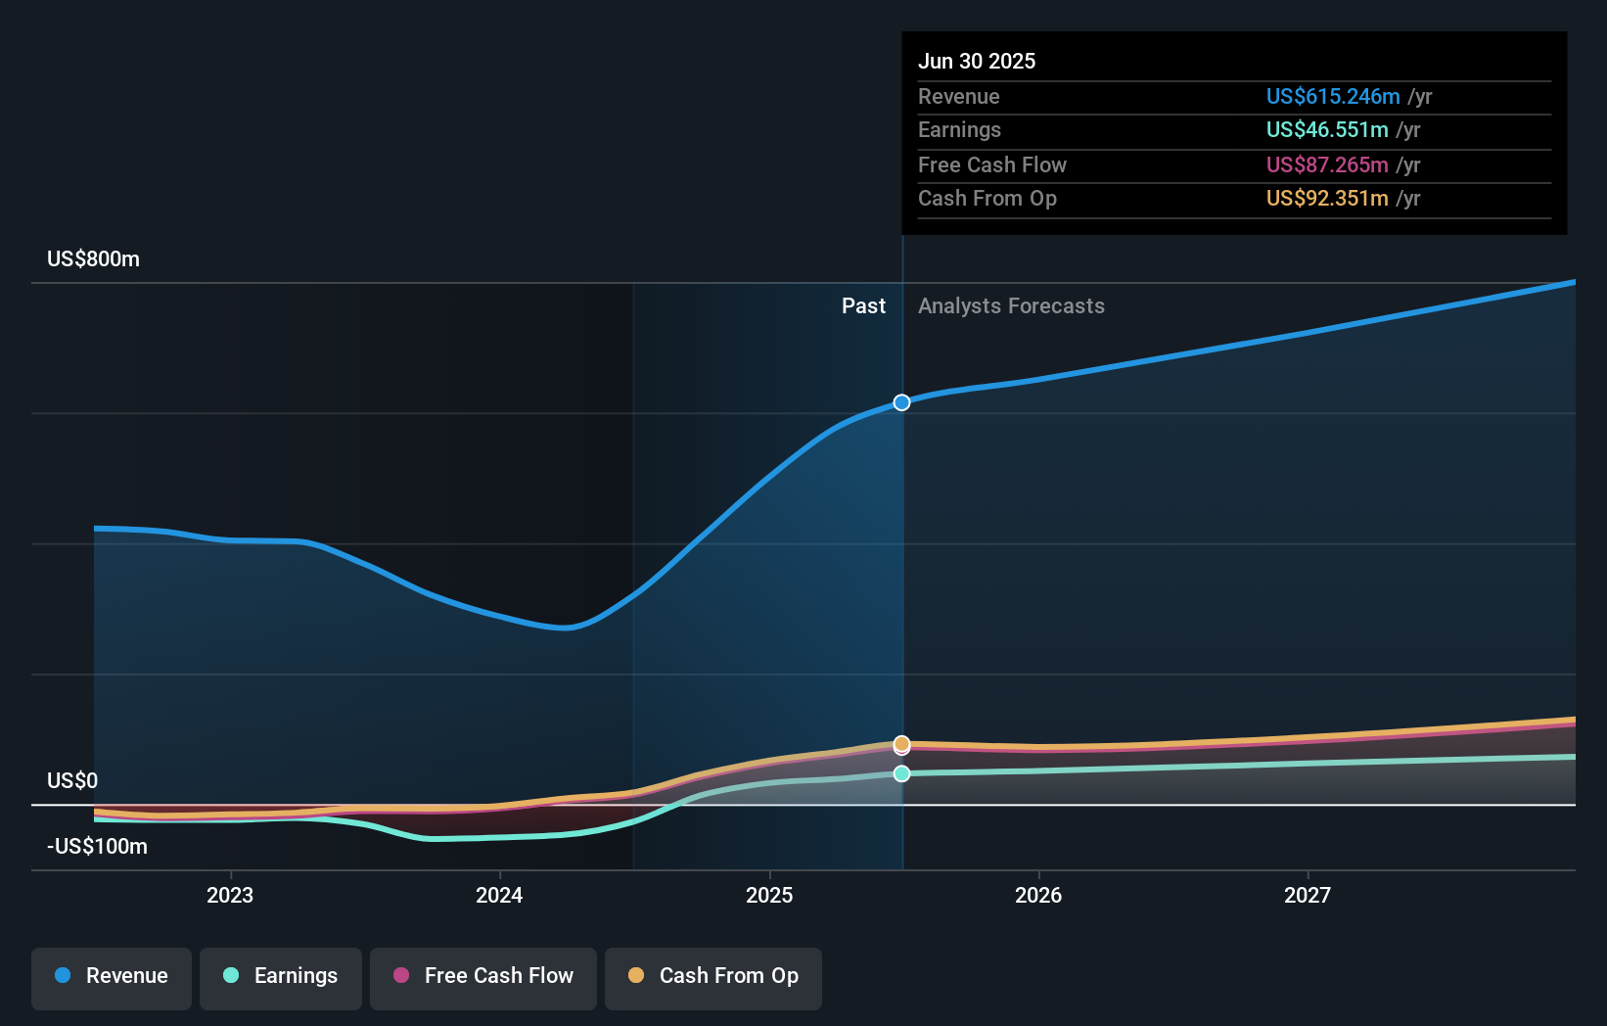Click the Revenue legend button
click(x=112, y=976)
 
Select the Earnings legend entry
click(x=281, y=976)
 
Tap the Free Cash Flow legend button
click(x=483, y=976)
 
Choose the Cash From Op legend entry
click(x=713, y=976)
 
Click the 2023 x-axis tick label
click(x=230, y=895)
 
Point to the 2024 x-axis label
click(x=499, y=895)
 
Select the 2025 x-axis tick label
click(x=769, y=895)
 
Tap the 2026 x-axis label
click(x=1038, y=895)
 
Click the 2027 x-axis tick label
click(x=1308, y=895)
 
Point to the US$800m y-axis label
click(x=94, y=259)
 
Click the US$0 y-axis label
click(x=72, y=781)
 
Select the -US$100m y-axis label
click(x=98, y=847)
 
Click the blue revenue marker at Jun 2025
click(x=902, y=402)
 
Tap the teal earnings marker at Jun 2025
click(x=902, y=773)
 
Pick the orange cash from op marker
click(x=902, y=743)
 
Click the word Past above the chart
click(x=863, y=306)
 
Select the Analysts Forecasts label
click(x=1011, y=306)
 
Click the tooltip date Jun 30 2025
click(x=977, y=61)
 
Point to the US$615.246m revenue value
click(x=1333, y=97)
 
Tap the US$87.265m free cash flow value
click(x=1327, y=165)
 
